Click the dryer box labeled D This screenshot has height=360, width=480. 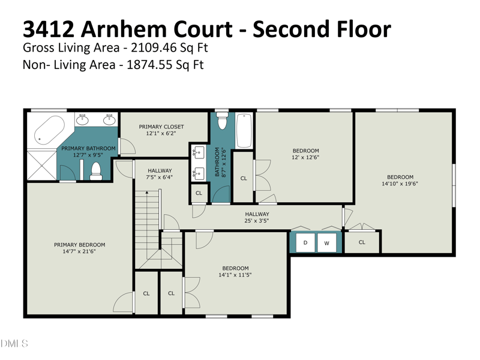point(305,243)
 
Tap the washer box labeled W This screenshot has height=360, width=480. point(326,243)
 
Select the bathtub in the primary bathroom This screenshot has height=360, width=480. point(50,130)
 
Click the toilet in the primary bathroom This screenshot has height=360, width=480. point(96,171)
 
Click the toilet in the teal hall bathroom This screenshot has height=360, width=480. point(222,121)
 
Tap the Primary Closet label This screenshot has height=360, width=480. point(161,127)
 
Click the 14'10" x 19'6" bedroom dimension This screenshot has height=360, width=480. point(400,184)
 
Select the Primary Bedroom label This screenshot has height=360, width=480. point(80,245)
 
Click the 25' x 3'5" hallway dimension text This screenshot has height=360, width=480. point(257,221)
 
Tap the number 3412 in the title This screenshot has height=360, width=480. point(49,29)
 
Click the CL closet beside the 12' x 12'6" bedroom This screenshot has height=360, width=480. point(244,178)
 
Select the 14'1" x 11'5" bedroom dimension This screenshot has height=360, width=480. point(235,275)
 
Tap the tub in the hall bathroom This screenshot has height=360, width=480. point(244,131)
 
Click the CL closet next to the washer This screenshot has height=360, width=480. point(362,242)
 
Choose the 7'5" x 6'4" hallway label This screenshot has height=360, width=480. point(160,177)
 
